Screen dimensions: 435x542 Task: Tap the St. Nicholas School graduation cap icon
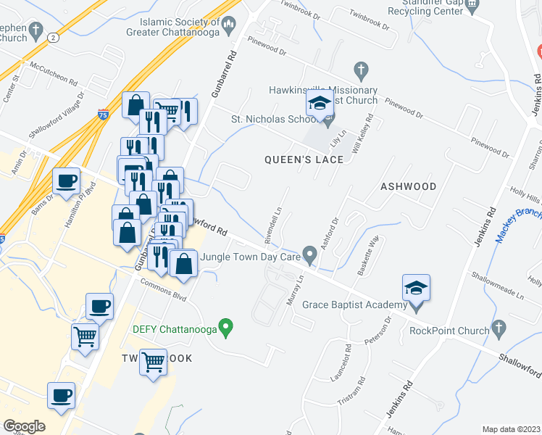coord(319,104)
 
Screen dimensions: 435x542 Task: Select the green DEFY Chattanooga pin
coord(226,328)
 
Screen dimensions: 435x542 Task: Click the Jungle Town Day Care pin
coord(310,255)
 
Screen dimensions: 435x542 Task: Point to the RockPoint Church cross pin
coord(498,330)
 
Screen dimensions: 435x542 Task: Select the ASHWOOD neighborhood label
coord(409,186)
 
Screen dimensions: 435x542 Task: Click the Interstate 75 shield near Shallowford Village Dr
coord(104,114)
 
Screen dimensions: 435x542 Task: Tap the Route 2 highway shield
coord(52,37)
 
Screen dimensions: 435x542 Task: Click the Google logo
coord(24,426)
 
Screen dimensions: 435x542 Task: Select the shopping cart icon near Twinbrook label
coord(153,361)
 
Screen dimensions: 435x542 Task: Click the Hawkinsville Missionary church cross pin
coord(360,70)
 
